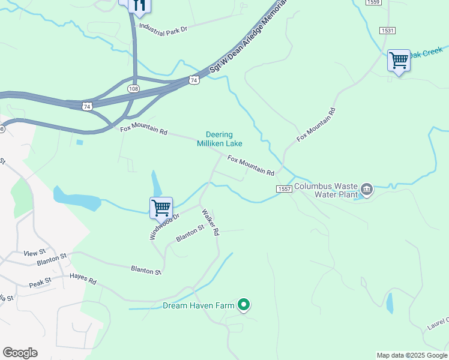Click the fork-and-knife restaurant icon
point(139,5)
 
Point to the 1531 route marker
point(387,30)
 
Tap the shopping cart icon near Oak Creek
point(399,60)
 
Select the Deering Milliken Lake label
point(219,139)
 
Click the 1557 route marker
point(285,189)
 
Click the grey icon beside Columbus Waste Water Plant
point(367,190)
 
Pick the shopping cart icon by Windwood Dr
point(161,208)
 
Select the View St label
point(34,253)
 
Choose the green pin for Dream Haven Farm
point(243,305)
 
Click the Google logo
point(20,353)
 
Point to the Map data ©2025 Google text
point(411,355)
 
